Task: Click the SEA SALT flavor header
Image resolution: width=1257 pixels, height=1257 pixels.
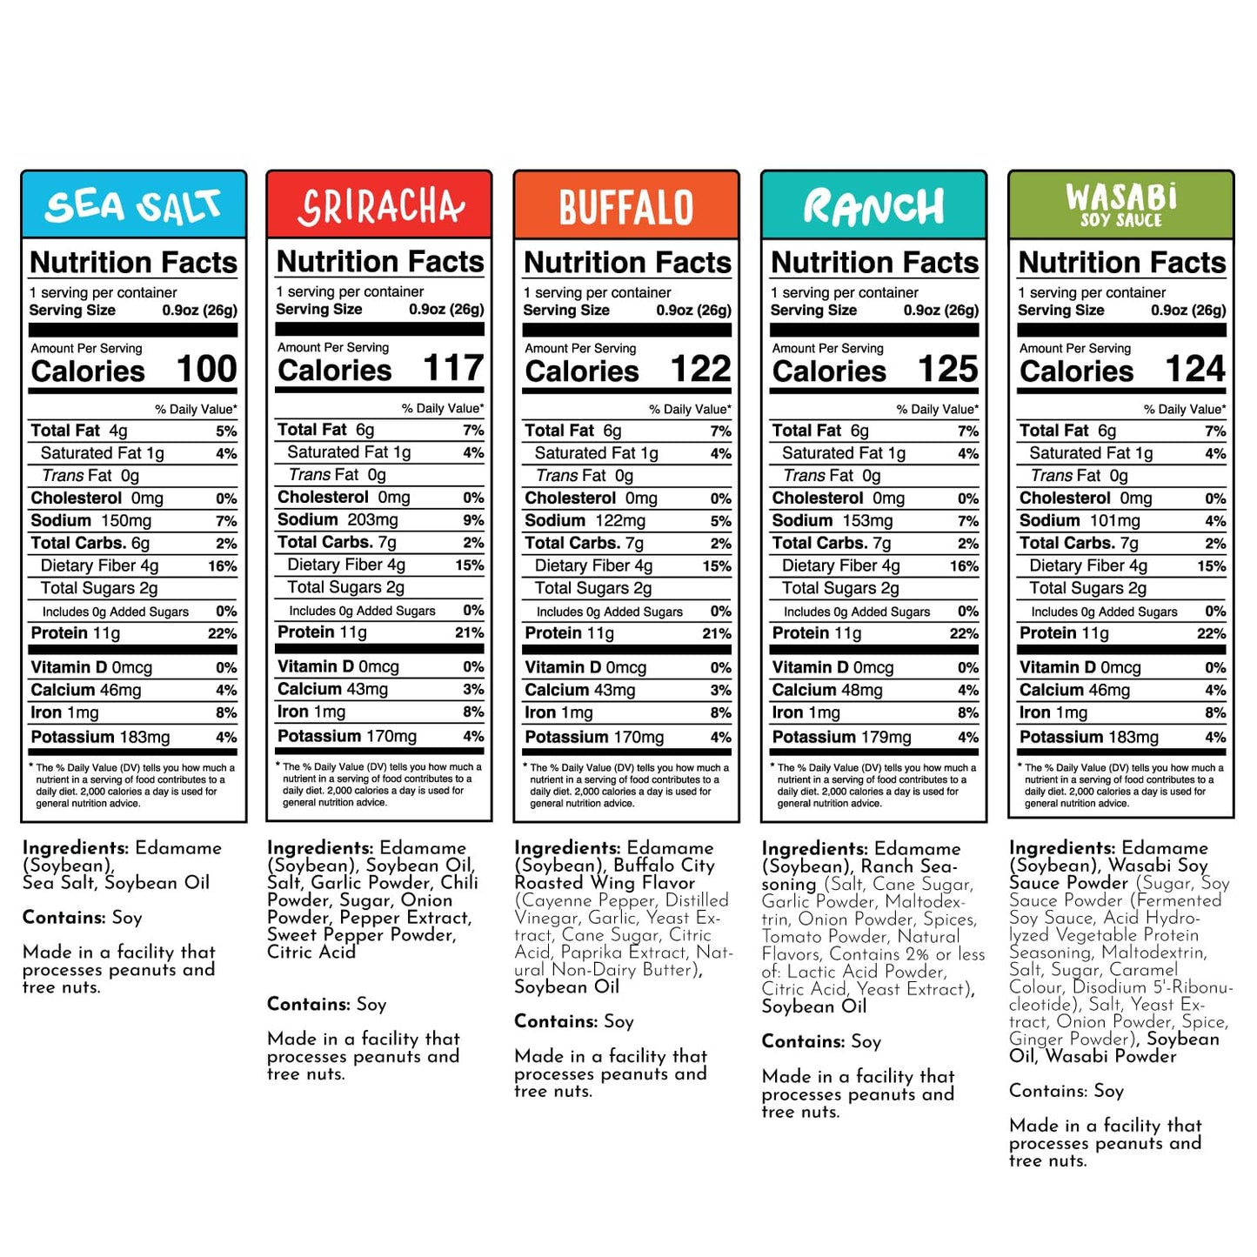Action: (133, 206)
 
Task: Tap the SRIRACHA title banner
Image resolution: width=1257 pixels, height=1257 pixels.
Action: (380, 206)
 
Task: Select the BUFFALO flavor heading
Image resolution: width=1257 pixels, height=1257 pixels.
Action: (626, 207)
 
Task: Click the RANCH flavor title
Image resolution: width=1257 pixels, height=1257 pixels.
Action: (873, 207)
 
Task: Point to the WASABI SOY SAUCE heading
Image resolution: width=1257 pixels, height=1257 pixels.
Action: (1120, 205)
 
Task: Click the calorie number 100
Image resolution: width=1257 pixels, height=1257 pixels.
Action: (207, 369)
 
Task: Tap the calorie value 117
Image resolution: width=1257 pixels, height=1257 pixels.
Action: (453, 368)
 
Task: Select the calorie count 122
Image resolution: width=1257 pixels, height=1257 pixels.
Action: (701, 369)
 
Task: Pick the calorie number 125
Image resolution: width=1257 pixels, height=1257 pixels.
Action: (948, 369)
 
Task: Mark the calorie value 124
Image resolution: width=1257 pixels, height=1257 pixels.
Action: (1195, 369)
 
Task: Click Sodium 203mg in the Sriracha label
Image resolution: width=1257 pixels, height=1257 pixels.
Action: (338, 519)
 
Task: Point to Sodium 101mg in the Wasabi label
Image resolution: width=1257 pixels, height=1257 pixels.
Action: (1080, 520)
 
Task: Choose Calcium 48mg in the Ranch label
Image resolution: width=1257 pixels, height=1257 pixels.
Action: (827, 690)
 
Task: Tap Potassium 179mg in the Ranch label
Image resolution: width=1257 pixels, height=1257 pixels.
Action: (841, 737)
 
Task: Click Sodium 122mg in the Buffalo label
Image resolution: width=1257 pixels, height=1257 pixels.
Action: (585, 520)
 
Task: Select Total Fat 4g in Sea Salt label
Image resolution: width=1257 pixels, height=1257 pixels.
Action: (79, 431)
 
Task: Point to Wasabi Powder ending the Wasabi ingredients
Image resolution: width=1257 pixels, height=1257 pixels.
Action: (1111, 1056)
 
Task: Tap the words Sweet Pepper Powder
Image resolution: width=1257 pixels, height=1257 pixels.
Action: (361, 935)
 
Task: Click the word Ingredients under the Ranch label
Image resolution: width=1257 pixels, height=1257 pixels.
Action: (814, 848)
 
